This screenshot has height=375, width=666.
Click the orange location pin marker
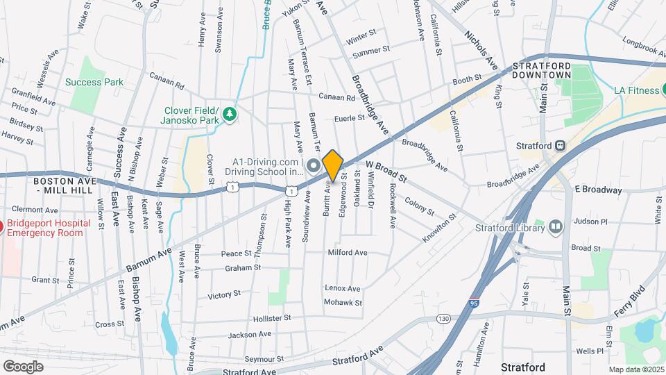point(333,165)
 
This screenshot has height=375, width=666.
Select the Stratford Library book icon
point(555,226)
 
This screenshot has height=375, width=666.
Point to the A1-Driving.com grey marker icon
point(312,167)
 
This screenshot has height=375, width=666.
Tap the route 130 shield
point(443,318)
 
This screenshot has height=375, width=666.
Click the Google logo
point(24,366)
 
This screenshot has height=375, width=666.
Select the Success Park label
point(94,82)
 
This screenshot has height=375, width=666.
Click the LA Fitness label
point(640,90)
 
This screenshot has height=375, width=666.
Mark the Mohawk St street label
point(344,303)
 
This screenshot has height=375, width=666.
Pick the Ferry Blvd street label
point(629,297)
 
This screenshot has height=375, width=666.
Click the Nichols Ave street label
point(481,49)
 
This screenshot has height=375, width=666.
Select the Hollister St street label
point(268,318)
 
